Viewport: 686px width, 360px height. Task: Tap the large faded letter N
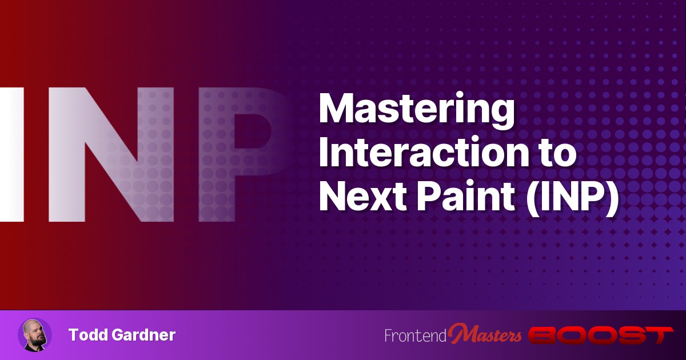tap(111, 155)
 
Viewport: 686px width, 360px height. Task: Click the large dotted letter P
tap(242, 155)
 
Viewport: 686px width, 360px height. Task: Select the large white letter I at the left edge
tap(12, 155)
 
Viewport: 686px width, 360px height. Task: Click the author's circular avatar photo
tap(35, 335)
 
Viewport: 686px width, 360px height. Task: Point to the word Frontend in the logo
tap(416, 335)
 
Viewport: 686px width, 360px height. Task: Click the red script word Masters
tap(485, 334)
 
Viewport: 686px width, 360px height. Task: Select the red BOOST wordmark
tap(601, 335)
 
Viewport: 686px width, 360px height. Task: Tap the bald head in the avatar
tap(34, 326)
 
